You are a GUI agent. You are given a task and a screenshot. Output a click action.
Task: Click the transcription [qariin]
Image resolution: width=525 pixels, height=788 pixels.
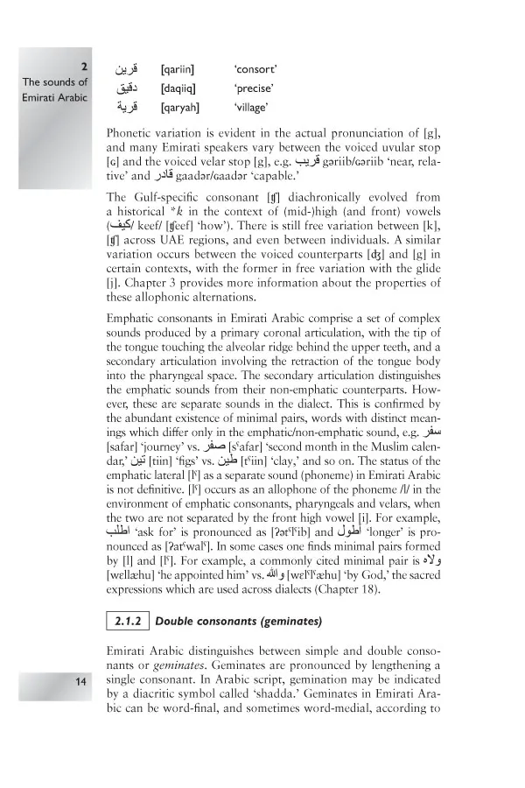[178, 68]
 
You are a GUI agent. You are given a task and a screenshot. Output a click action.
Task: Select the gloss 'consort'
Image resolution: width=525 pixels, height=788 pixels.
[255, 68]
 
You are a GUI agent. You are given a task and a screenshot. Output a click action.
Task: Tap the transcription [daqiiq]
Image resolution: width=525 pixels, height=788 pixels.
[178, 88]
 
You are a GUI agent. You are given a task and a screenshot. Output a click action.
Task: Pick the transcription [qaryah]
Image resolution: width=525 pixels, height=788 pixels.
[180, 108]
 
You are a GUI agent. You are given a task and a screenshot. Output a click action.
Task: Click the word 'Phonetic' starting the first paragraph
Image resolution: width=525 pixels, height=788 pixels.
[130, 132]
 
